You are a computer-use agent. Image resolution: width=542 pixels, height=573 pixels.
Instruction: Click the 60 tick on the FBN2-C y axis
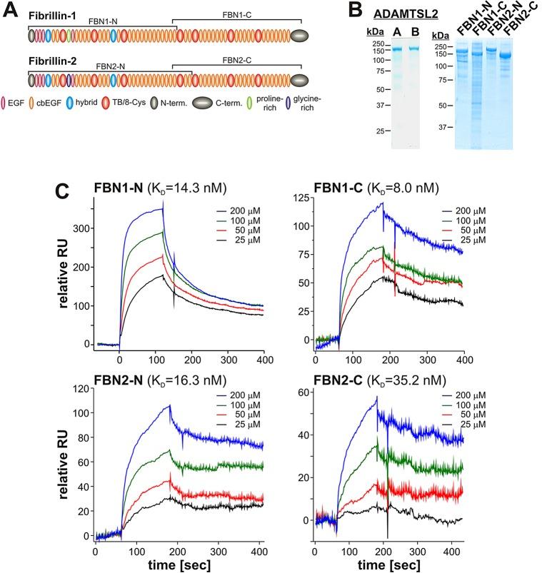[302, 392]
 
